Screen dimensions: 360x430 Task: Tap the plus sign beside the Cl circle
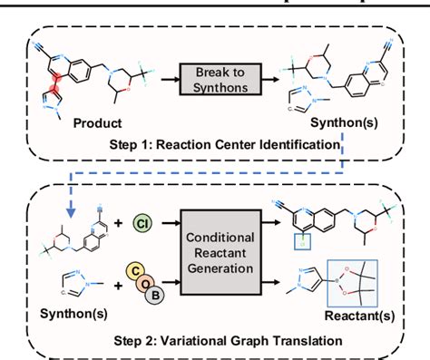point(115,220)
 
